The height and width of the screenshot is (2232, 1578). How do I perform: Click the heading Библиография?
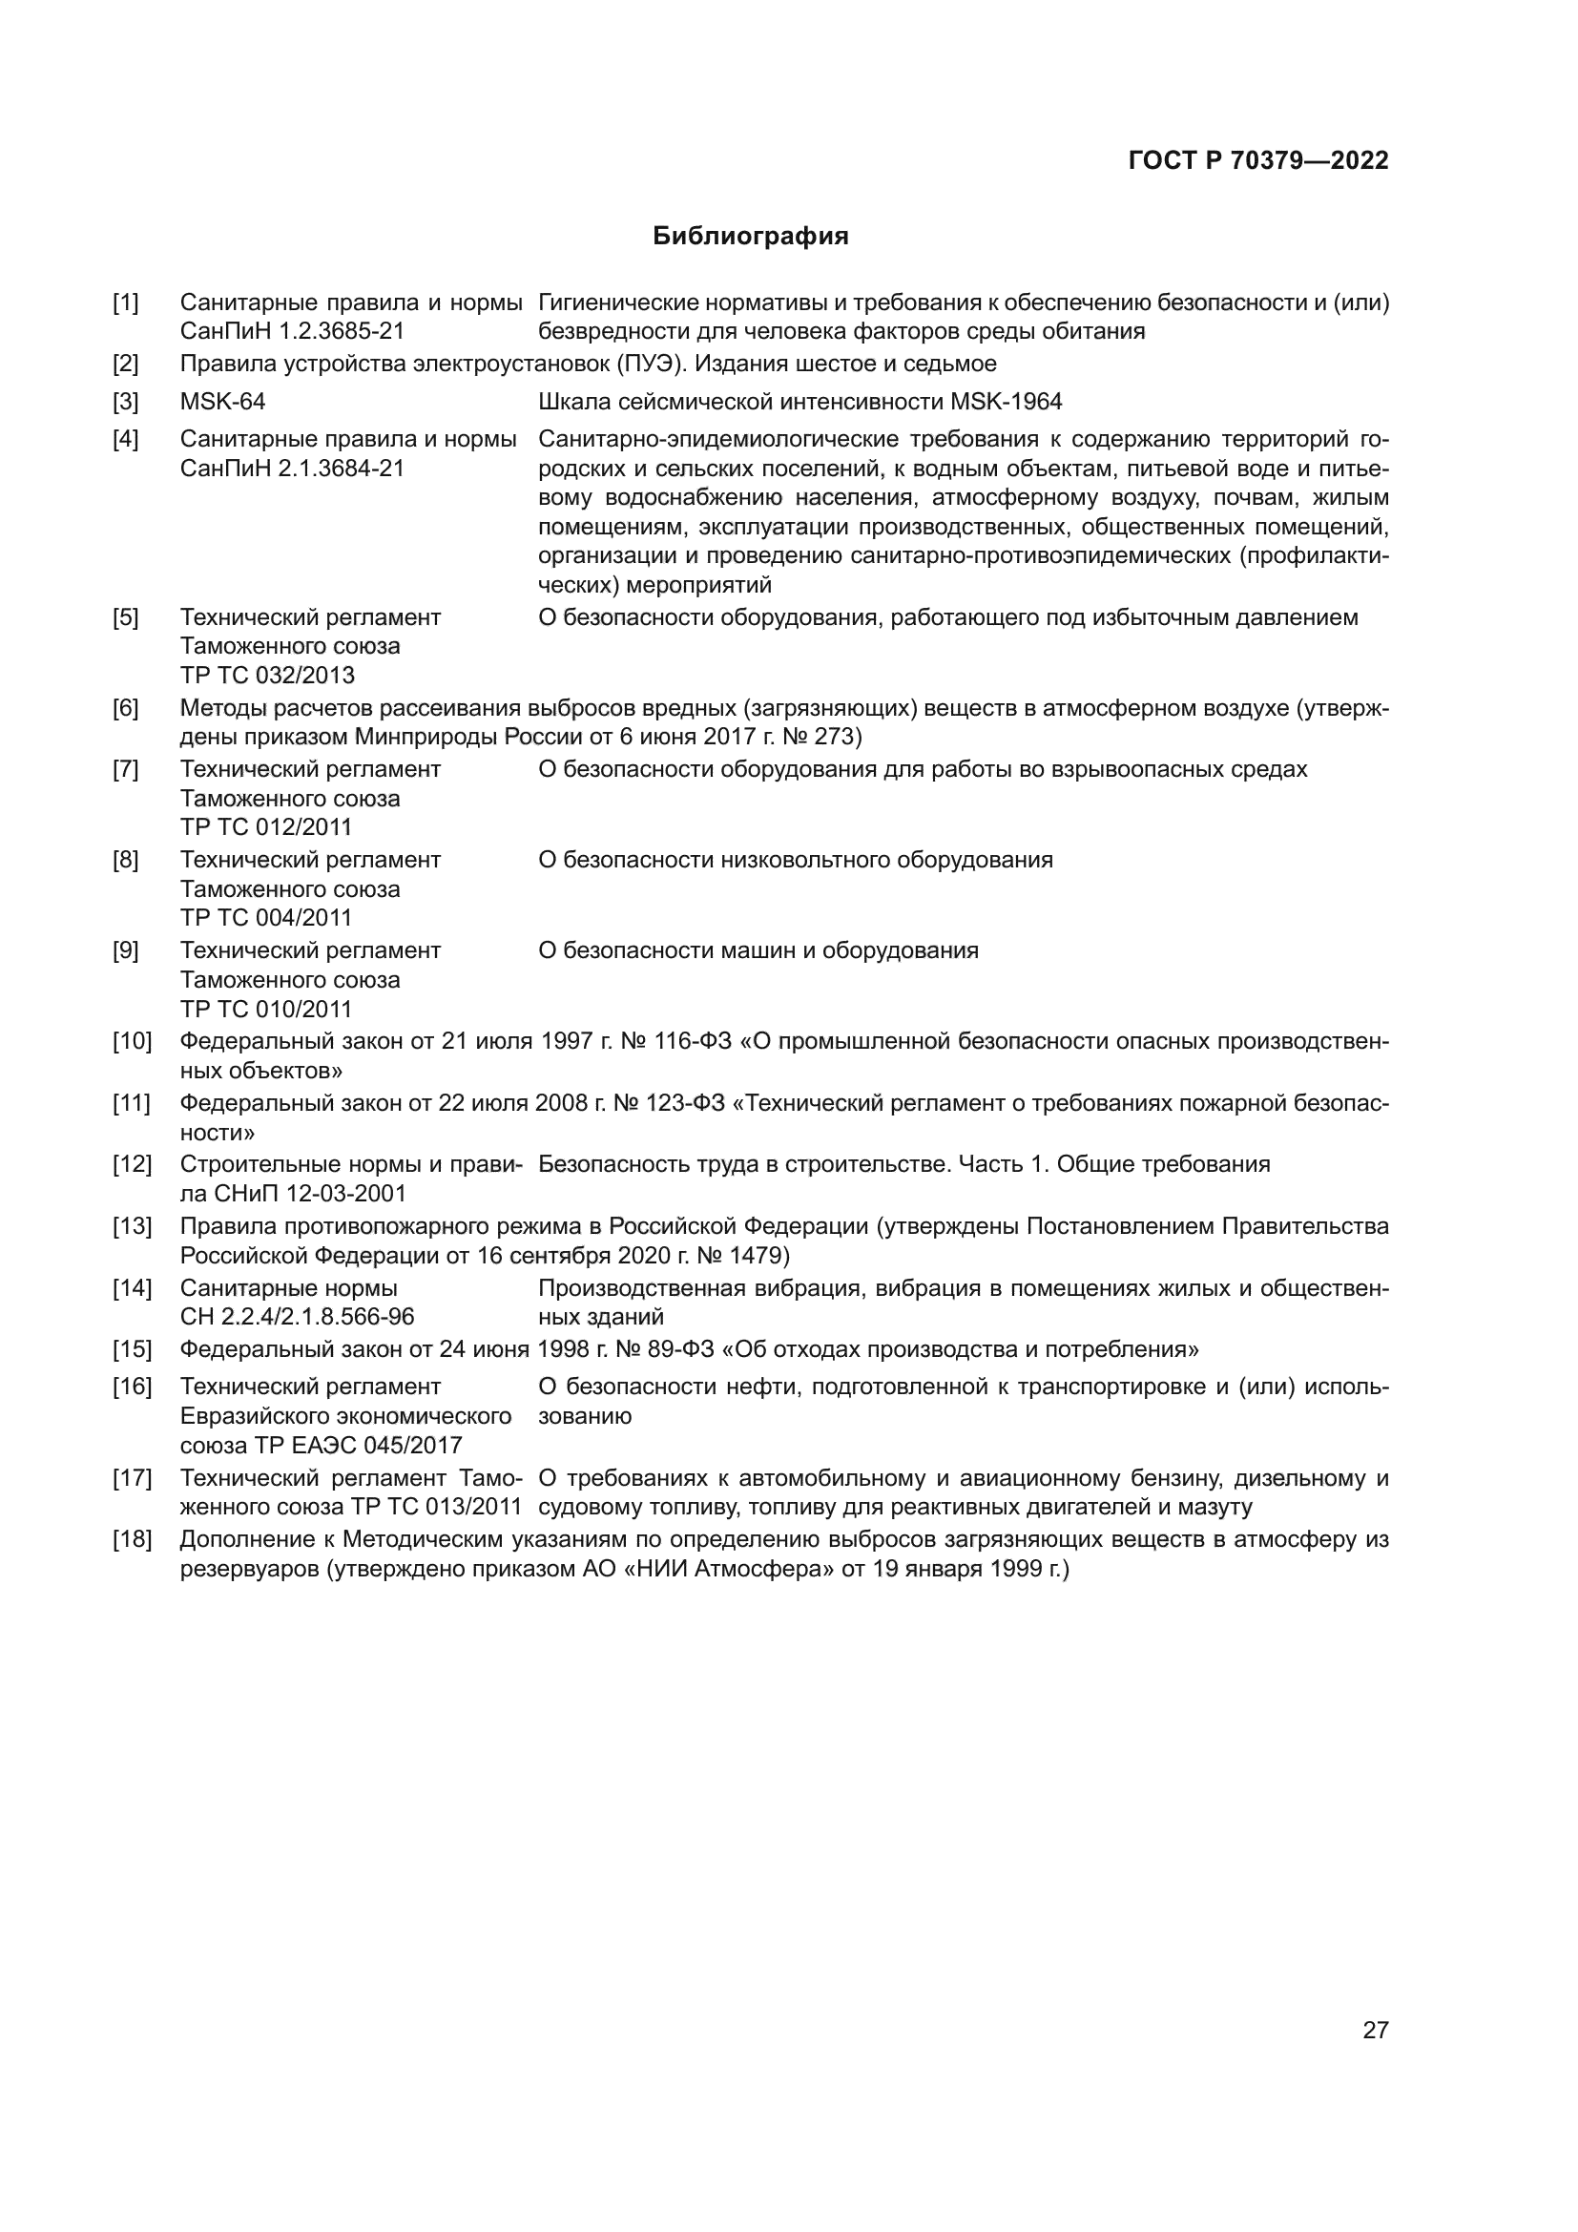click(x=750, y=237)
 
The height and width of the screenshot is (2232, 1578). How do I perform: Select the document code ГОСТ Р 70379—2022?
click(x=1258, y=160)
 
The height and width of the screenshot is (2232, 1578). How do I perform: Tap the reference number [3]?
click(x=125, y=402)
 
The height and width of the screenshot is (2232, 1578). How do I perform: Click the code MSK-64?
click(x=222, y=402)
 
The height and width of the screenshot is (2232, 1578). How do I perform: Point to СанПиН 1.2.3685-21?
click(x=292, y=331)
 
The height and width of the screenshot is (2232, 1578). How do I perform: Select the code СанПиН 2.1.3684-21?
click(x=292, y=469)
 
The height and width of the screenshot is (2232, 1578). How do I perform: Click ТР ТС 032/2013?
click(x=267, y=676)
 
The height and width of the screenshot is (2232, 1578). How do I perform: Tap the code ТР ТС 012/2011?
click(x=266, y=827)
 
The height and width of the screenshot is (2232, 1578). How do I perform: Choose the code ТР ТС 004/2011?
click(x=266, y=918)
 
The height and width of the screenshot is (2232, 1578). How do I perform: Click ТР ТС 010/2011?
click(x=266, y=1009)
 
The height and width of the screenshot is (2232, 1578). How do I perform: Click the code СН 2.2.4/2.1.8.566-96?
click(x=298, y=1317)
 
